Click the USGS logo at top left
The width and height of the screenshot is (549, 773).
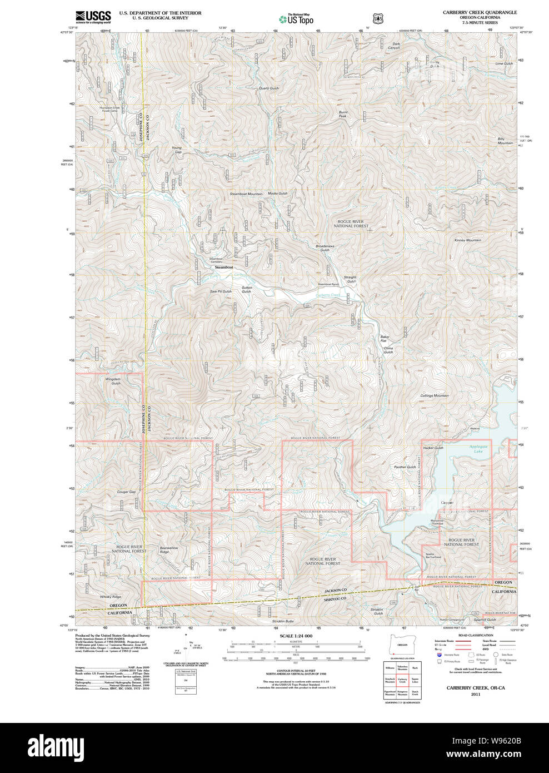pyautogui.click(x=93, y=17)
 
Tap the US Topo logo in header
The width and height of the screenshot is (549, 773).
pyautogui.click(x=297, y=19)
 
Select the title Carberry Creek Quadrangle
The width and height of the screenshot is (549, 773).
pyautogui.click(x=480, y=12)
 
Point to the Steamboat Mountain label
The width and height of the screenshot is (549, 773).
pyautogui.click(x=246, y=194)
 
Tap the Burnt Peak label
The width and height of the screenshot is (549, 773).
pyautogui.click(x=343, y=114)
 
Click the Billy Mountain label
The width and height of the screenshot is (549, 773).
pyautogui.click(x=505, y=141)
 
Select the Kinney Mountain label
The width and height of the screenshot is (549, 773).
pyautogui.click(x=468, y=240)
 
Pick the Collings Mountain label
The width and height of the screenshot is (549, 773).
pyautogui.click(x=434, y=395)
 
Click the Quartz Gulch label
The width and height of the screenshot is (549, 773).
pyautogui.click(x=269, y=88)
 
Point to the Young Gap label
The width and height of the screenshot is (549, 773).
pyautogui.click(x=177, y=150)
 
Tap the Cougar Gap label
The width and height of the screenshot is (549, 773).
pyautogui.click(x=126, y=492)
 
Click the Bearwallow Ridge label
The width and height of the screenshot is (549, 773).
pyautogui.click(x=169, y=549)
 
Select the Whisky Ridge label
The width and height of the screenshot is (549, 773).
pyautogui.click(x=110, y=597)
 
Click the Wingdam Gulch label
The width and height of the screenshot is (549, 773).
pyautogui.click(x=113, y=381)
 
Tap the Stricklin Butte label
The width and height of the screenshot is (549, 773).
pyautogui.click(x=283, y=621)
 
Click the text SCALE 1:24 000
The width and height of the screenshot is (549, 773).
pyautogui.click(x=296, y=636)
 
